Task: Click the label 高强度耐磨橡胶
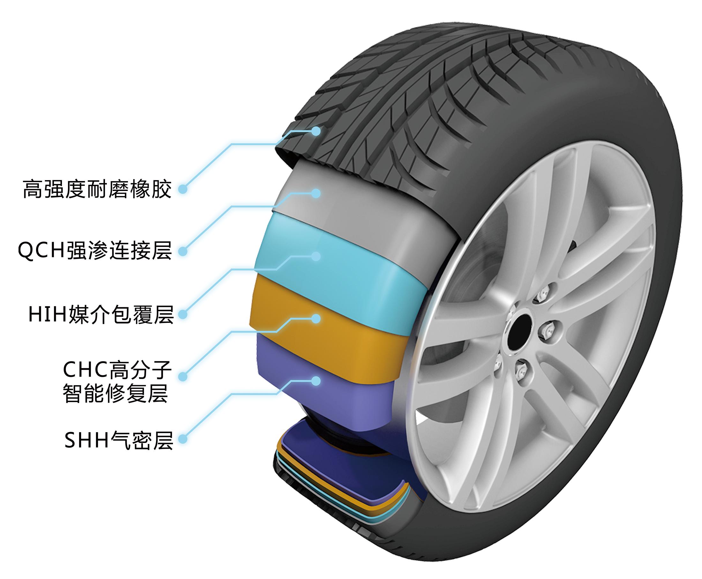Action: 97,189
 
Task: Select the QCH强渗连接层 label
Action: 95,251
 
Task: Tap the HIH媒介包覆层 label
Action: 101,314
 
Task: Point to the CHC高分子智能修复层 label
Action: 116,382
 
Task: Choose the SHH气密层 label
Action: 119,440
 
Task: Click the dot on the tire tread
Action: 316,131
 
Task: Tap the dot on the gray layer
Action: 316,193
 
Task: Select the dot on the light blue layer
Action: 316,256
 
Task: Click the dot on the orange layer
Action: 316,318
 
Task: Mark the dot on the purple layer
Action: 316,381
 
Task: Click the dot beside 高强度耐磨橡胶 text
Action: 183,189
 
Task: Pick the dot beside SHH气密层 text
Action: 183,439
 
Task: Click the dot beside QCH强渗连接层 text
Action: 183,251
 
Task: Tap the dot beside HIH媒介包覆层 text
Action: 183,314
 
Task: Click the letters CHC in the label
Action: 84,369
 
